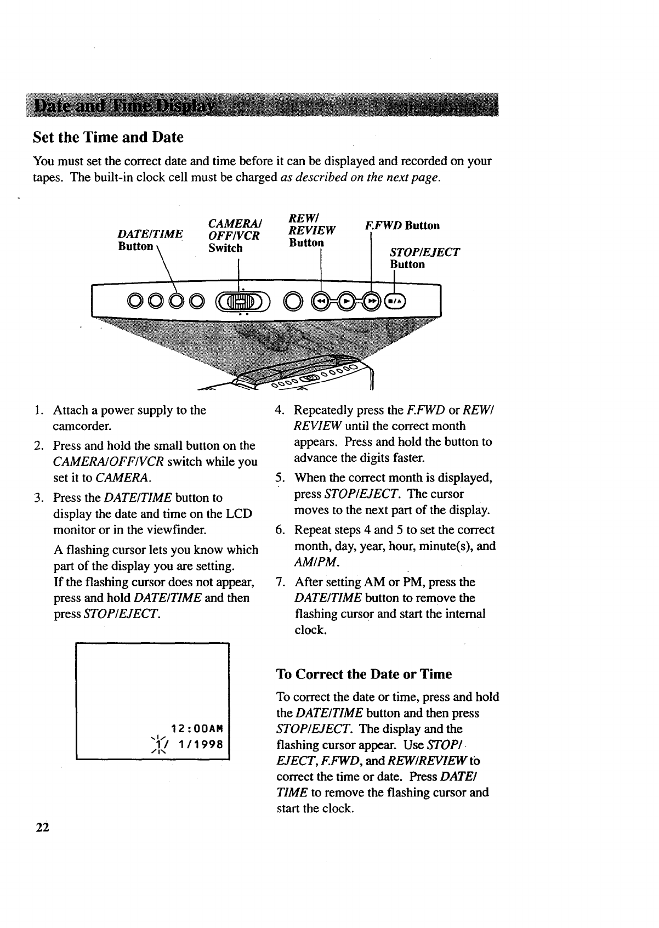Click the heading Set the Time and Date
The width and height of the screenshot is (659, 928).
coord(108,137)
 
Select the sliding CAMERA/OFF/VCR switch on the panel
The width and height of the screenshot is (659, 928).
coord(241,301)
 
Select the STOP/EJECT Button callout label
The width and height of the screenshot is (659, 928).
coord(423,258)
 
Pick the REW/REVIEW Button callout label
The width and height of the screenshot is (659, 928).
coord(312,231)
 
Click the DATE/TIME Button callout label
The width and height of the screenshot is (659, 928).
coord(150,240)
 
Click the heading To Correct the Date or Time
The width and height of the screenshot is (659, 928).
coord(364,674)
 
